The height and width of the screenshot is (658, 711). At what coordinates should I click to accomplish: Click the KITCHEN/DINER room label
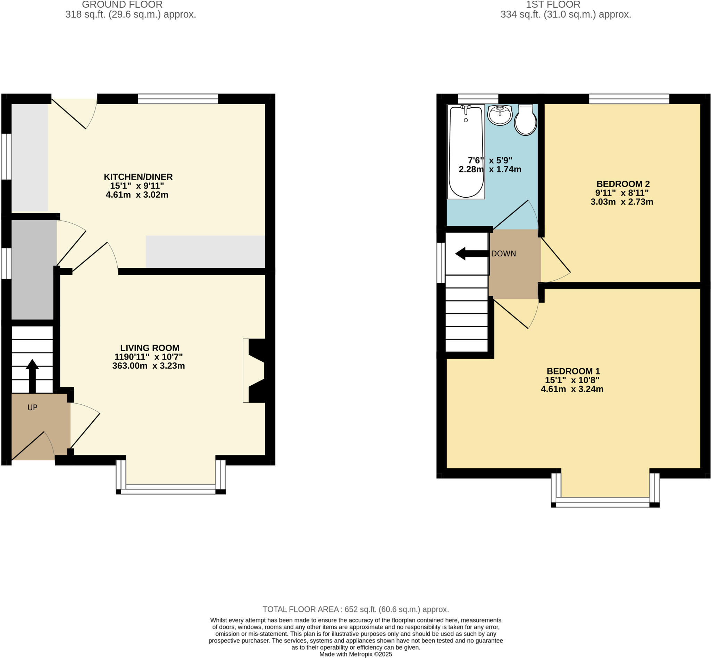click(x=138, y=177)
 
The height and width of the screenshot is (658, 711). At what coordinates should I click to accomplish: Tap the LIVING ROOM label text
click(x=150, y=348)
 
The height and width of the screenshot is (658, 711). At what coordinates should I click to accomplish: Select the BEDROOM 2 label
click(x=623, y=184)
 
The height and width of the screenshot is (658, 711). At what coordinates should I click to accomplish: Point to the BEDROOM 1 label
click(x=573, y=371)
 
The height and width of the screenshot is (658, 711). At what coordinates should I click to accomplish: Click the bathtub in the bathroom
click(x=466, y=151)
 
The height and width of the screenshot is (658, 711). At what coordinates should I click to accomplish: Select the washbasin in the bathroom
click(x=500, y=115)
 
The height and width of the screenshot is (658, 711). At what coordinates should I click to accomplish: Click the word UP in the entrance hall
click(x=32, y=407)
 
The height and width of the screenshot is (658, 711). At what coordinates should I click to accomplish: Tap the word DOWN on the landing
click(x=503, y=254)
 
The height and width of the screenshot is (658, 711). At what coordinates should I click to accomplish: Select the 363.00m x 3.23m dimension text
click(x=148, y=366)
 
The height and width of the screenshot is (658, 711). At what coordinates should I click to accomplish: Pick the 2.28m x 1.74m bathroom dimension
click(x=490, y=170)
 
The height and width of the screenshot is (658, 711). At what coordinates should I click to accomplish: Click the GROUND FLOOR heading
click(x=122, y=5)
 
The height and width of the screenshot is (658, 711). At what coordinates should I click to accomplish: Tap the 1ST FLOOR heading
click(x=553, y=5)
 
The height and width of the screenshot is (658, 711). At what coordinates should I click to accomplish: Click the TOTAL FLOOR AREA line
click(x=355, y=609)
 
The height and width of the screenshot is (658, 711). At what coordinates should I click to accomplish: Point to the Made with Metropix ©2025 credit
click(x=355, y=654)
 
